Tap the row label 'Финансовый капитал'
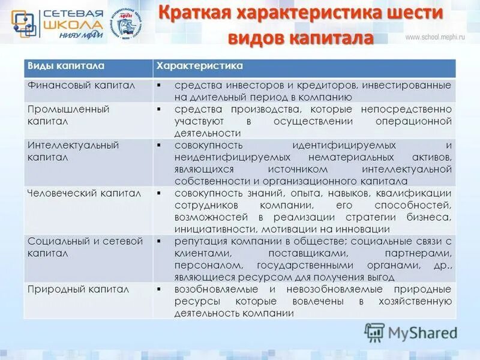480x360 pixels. coord(82,86)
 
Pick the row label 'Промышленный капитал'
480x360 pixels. coord(60,115)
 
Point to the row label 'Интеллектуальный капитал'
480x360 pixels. coord(73,151)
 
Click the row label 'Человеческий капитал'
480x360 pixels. coord(85,193)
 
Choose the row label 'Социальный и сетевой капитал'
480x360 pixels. coord(85,247)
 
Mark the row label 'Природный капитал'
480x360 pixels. coord(79,289)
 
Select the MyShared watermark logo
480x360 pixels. coord(411,333)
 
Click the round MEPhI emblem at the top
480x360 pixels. coord(127,23)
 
